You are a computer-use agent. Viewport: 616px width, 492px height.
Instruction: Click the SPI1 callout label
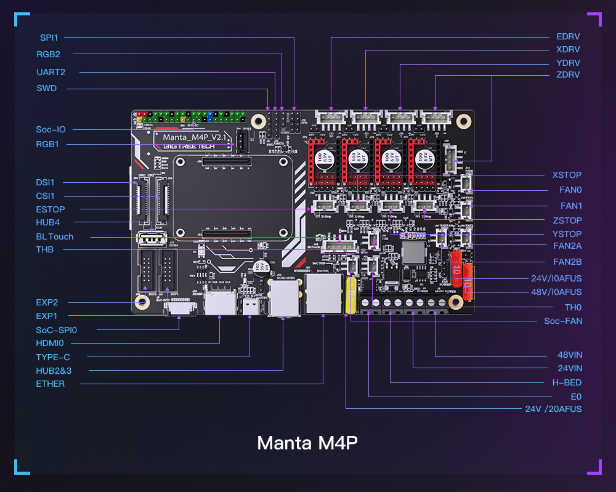[49, 38]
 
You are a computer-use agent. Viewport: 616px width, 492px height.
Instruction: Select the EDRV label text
[567, 37]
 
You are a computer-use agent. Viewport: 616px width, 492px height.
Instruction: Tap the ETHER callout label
[50, 384]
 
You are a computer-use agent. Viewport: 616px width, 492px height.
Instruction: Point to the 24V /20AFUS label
[553, 409]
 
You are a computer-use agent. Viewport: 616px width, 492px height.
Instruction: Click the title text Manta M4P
[307, 443]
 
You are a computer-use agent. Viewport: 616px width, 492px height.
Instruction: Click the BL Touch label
[54, 236]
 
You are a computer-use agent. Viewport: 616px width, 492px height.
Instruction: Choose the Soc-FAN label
[562, 321]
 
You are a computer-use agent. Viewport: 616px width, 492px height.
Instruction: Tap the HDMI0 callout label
[50, 342]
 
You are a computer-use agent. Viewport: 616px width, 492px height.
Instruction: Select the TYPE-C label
[52, 357]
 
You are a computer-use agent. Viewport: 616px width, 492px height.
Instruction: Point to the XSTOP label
[567, 175]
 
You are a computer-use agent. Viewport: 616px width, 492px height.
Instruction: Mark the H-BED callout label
[567, 382]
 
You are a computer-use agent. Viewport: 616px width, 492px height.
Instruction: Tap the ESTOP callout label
[50, 209]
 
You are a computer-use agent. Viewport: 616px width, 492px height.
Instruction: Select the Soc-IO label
[51, 129]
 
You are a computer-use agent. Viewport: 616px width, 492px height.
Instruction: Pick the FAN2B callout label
[567, 262]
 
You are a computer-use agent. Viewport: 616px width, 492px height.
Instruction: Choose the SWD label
[46, 88]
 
